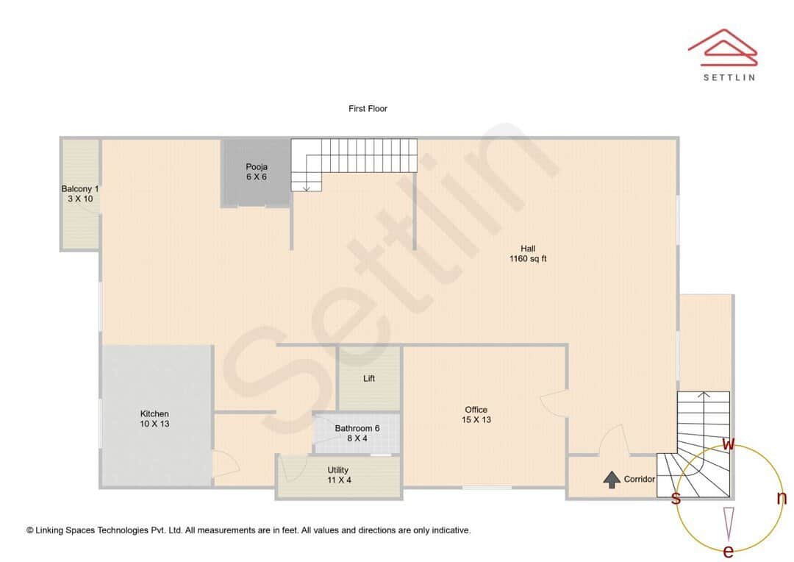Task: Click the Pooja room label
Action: coord(257,171)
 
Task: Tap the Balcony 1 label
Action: coord(79,193)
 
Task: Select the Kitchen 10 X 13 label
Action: coord(154,419)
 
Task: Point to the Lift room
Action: coord(369,379)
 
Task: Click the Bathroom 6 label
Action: coord(357,433)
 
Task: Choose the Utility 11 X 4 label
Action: coord(338,474)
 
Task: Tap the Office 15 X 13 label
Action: coord(476,414)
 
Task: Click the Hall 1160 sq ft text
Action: coord(528,253)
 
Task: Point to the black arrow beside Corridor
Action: coord(612,480)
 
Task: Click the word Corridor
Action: coord(639,480)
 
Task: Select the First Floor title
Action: coord(368,109)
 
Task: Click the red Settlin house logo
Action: coord(722,45)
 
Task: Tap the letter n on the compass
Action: coord(782,498)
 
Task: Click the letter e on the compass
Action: coord(728,551)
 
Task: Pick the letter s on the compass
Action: coord(676,499)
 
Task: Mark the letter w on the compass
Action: coord(729,444)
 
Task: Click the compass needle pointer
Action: coord(729,522)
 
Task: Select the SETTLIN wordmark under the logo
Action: coord(729,77)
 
